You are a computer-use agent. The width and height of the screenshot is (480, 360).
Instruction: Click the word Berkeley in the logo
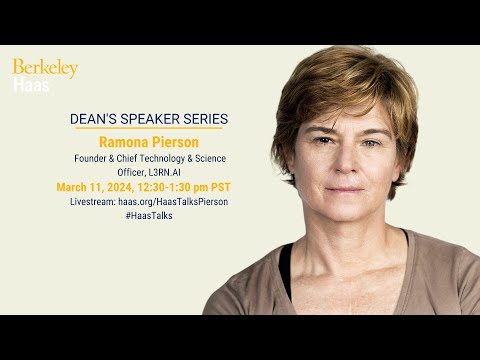coord(45,69)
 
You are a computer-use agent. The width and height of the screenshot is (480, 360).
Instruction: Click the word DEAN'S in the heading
coord(95,118)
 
